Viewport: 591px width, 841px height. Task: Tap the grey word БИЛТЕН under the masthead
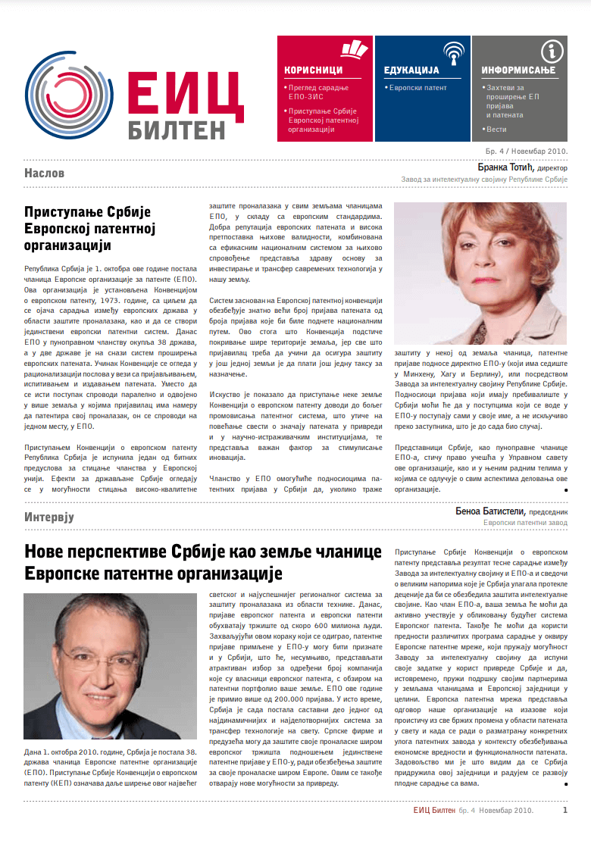pos(176,129)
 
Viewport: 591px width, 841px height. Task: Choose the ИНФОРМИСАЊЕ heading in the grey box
pos(518,70)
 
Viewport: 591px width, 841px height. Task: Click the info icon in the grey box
pos(552,52)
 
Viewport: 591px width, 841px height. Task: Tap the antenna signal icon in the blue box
pos(453,52)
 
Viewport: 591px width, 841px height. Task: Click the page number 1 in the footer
pos(565,810)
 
